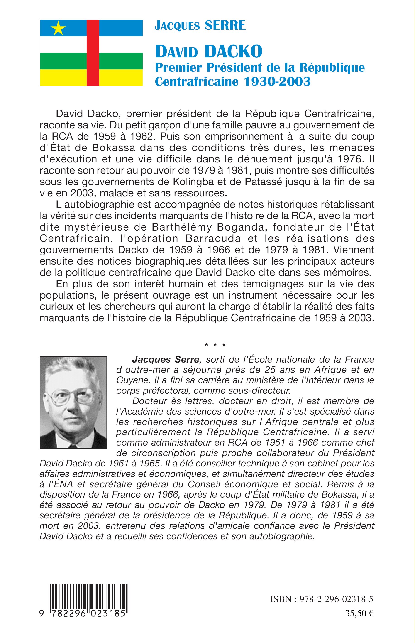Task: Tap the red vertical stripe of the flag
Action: pos(93,53)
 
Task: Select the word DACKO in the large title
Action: pos(233,52)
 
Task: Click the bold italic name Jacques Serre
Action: pos(166,359)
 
